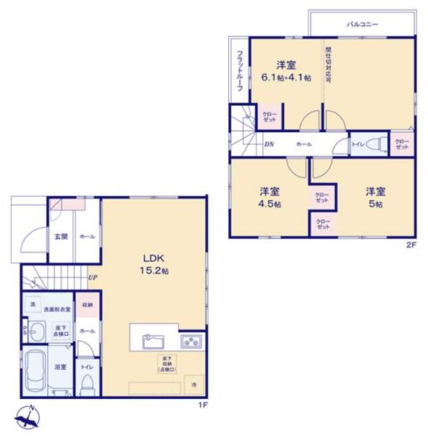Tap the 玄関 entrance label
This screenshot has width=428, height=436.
pyautogui.click(x=60, y=236)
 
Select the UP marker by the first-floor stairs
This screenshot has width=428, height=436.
pyautogui.click(x=92, y=277)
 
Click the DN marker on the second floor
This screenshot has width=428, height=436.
pyautogui.click(x=269, y=144)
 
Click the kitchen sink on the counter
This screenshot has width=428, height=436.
pyautogui.click(x=153, y=339)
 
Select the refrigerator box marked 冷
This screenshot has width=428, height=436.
pyautogui.click(x=194, y=384)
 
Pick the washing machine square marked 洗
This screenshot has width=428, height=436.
pyautogui.click(x=32, y=304)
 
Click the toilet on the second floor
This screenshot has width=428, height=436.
pyautogui.click(x=374, y=143)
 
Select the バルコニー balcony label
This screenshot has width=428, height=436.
pyautogui.click(x=360, y=23)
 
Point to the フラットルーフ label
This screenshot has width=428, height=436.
pyautogui.click(x=240, y=70)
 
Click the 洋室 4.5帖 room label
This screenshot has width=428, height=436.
pyautogui.click(x=271, y=198)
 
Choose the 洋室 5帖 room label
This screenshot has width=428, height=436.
pyautogui.click(x=375, y=198)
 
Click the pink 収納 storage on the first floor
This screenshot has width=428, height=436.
pyautogui.click(x=86, y=305)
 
